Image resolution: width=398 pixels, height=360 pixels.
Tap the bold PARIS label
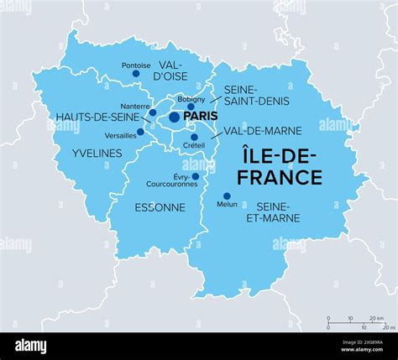tap(202, 117)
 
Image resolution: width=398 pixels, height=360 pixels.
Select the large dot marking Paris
tap(175, 117)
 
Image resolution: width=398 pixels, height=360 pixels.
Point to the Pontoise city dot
tap(136, 74)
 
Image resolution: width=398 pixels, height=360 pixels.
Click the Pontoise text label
tap(135, 65)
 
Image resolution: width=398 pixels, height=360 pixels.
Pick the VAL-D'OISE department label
tap(171, 70)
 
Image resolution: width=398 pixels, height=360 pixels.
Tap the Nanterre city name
tap(135, 106)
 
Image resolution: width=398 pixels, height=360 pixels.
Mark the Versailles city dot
tap(140, 131)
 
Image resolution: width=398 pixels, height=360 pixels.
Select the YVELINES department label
tap(97, 154)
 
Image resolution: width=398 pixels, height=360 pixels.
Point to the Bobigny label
tap(191, 99)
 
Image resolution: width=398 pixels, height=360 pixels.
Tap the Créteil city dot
tap(194, 137)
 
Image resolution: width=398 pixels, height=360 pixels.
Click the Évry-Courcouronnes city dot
tap(196, 176)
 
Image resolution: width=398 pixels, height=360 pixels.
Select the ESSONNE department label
tap(160, 207)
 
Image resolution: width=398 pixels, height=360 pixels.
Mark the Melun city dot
tap(227, 196)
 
